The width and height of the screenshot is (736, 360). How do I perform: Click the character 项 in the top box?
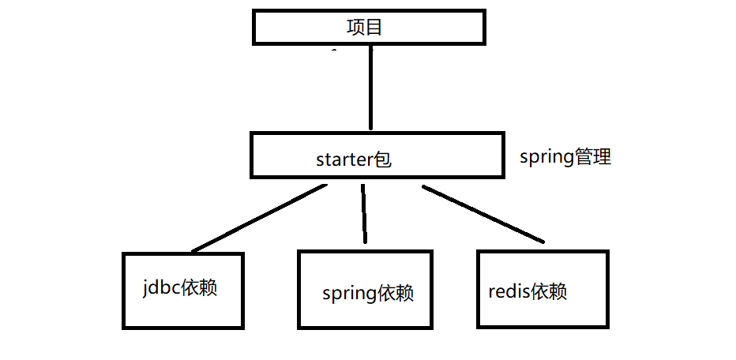click(x=355, y=28)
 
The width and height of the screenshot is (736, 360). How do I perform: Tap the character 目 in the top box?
click(x=374, y=28)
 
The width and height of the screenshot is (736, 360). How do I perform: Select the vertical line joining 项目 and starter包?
click(x=369, y=87)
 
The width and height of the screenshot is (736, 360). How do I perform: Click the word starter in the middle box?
click(x=344, y=160)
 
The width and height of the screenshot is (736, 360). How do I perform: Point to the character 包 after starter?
click(x=383, y=159)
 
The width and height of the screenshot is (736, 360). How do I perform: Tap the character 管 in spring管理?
click(x=584, y=156)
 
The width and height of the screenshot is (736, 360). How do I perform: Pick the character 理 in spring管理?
click(x=603, y=156)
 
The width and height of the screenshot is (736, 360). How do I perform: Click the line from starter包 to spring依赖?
click(x=364, y=214)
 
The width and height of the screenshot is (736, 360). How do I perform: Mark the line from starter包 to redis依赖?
click(x=483, y=214)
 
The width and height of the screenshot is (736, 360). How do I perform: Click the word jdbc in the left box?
click(x=160, y=287)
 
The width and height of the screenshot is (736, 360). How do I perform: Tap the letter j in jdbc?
click(x=145, y=288)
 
